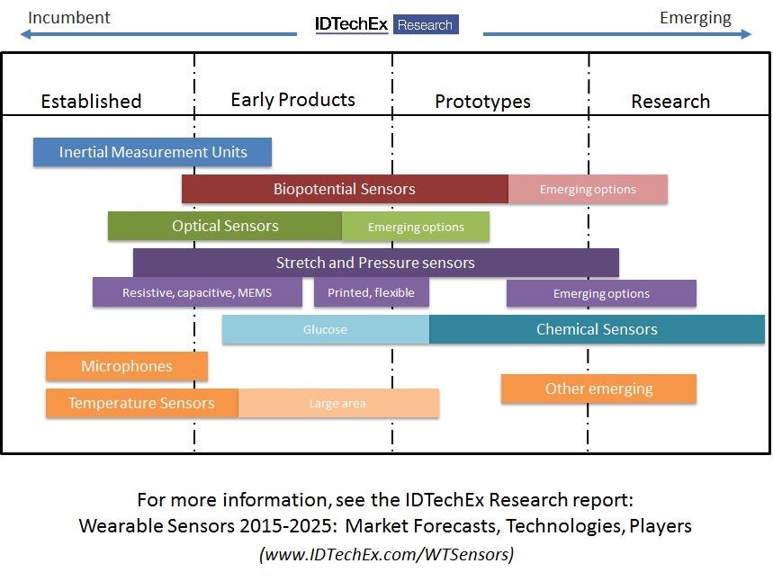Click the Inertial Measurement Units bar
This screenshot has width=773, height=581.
(152, 152)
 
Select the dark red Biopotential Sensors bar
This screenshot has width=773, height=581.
(345, 189)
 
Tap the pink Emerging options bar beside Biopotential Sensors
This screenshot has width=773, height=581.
(588, 189)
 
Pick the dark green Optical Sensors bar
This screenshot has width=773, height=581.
(225, 226)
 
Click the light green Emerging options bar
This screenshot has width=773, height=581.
(416, 227)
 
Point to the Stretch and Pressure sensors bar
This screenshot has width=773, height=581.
(375, 263)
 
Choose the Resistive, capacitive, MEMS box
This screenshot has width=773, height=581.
(197, 293)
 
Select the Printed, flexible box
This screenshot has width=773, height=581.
(372, 293)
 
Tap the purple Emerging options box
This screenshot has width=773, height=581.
(601, 293)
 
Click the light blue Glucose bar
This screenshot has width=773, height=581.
(325, 329)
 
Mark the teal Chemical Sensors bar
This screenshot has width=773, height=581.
(597, 329)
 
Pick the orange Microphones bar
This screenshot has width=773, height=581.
(127, 366)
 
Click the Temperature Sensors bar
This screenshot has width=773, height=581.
(141, 403)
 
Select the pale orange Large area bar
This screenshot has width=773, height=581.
(338, 403)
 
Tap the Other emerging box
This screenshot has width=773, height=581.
(598, 389)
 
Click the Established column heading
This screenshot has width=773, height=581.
(91, 101)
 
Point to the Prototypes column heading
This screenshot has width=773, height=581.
(482, 102)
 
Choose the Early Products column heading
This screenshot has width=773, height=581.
(292, 100)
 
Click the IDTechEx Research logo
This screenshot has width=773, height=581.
(387, 24)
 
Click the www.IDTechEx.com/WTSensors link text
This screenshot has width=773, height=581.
(386, 554)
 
